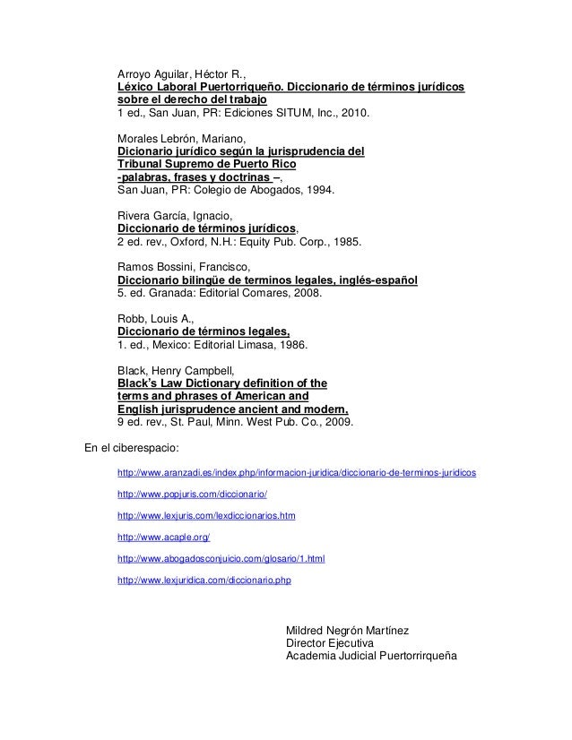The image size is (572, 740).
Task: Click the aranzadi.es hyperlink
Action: pos(297,471)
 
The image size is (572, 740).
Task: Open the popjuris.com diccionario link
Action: pos(193,494)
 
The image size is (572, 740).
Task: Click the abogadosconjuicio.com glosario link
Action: pos(221,559)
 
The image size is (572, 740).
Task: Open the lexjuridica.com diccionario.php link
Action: pos(204,581)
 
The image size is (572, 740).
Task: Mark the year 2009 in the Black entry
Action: pos(339,422)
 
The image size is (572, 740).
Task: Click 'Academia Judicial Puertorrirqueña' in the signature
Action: pos(370,657)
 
